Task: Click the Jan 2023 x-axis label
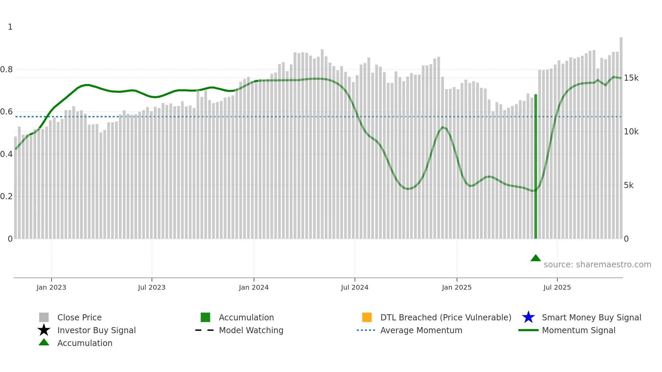(51, 288)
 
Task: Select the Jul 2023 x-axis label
(152, 288)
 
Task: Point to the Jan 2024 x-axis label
(254, 288)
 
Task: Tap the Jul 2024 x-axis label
(355, 288)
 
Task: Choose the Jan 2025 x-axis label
(457, 288)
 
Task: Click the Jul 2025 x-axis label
(557, 288)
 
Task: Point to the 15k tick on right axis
(631, 78)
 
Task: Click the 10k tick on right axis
(631, 132)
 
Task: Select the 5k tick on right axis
(629, 185)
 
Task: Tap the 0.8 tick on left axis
(6, 70)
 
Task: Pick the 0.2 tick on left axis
(6, 196)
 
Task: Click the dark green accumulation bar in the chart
(536, 169)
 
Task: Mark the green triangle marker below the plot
(536, 258)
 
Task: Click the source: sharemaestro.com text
(597, 265)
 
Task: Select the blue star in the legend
(528, 317)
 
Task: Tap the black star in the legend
(44, 330)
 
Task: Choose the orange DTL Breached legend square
(367, 317)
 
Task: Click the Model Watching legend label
(251, 330)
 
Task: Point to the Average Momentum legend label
(421, 330)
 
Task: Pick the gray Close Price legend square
(44, 317)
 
